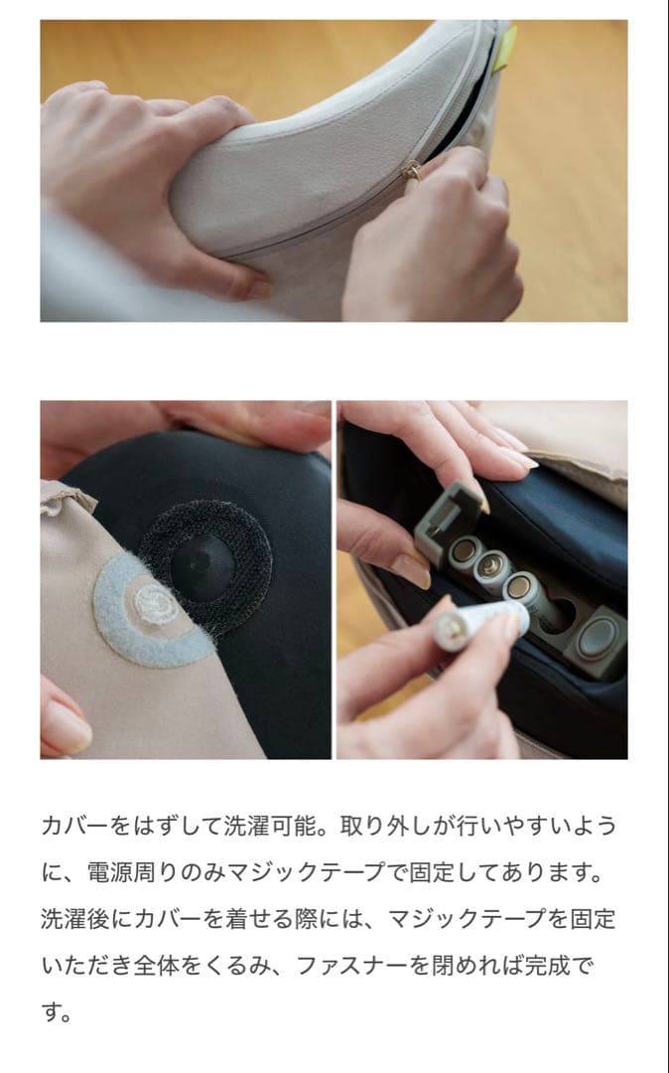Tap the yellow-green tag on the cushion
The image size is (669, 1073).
(x=504, y=45)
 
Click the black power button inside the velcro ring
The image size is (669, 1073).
(x=204, y=567)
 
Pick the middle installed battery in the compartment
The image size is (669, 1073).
(x=494, y=567)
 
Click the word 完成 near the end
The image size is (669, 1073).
(x=562, y=965)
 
